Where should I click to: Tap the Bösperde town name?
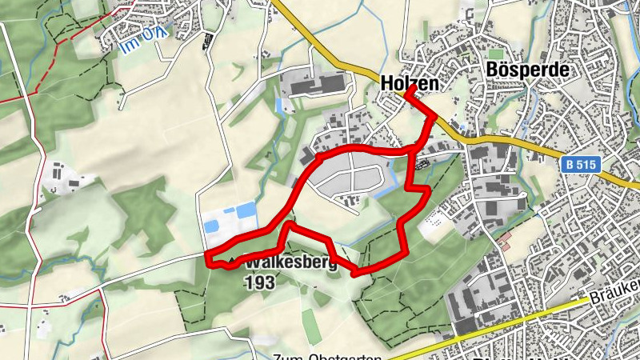(x=527, y=70)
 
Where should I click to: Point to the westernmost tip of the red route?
(x=208, y=258)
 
